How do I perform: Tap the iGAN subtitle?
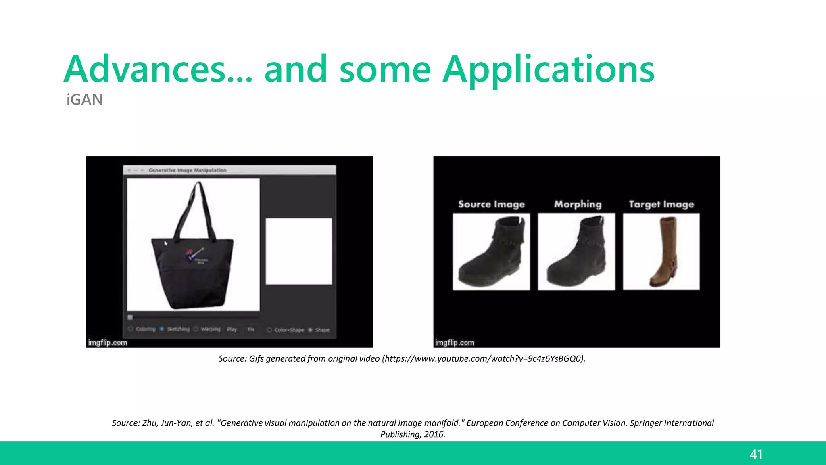pyautogui.click(x=85, y=100)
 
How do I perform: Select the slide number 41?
pyautogui.click(x=756, y=455)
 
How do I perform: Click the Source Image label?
pyautogui.click(x=491, y=204)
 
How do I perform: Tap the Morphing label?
pyautogui.click(x=578, y=204)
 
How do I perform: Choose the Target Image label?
pyautogui.click(x=661, y=204)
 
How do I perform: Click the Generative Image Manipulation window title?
pyautogui.click(x=187, y=170)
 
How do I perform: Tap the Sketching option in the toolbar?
pyautogui.click(x=178, y=329)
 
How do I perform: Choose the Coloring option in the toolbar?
pyautogui.click(x=145, y=329)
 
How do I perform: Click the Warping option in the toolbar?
pyautogui.click(x=211, y=329)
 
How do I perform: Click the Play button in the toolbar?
pyautogui.click(x=232, y=329)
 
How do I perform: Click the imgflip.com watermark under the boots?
pyautogui.click(x=455, y=343)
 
